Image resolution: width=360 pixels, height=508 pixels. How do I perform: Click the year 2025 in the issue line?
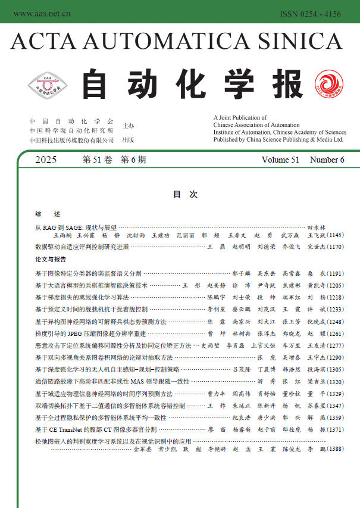click(46, 160)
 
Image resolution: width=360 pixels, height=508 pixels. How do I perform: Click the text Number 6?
click(327, 160)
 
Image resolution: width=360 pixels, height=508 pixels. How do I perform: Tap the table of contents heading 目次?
click(180, 194)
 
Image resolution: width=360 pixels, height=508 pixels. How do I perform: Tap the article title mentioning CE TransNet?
click(96, 429)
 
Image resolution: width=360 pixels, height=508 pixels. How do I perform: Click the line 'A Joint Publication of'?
click(240, 118)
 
